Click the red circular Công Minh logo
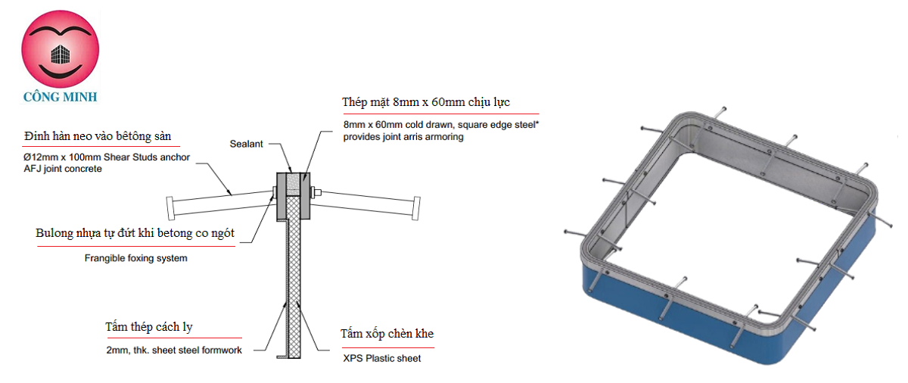point(61,49)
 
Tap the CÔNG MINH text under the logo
point(61,97)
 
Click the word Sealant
point(247,144)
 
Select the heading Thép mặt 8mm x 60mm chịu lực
point(425,102)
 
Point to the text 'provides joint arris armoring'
point(403,137)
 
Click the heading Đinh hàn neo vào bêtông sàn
point(98,136)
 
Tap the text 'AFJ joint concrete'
point(63,169)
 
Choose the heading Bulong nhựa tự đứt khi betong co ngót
point(135,233)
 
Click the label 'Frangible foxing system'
point(135,258)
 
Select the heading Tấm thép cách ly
point(149,327)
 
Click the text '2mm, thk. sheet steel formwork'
point(174,350)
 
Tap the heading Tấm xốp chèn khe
point(387,334)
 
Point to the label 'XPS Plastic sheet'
point(382,358)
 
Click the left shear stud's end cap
point(171,208)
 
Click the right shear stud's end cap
point(416,208)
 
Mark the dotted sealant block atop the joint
point(293,185)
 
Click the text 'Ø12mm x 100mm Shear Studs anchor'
point(107,157)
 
